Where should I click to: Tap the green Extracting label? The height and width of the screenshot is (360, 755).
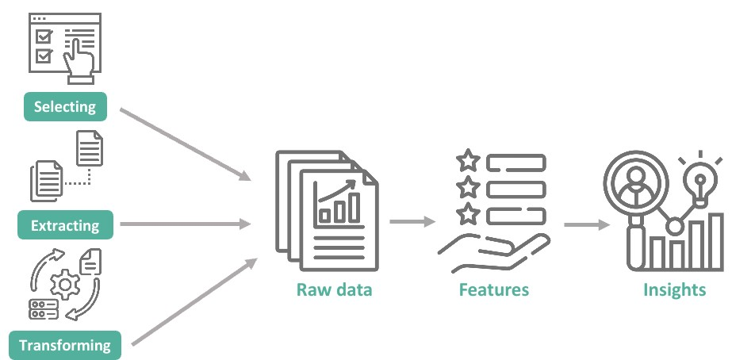65,226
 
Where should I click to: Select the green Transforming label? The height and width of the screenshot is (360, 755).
65,346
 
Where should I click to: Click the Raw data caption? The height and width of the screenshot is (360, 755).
334,289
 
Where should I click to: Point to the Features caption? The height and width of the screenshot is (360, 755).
493,289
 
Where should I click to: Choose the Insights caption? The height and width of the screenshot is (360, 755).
674,289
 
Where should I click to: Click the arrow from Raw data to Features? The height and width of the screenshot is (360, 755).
412,221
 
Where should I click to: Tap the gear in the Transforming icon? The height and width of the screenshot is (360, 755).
63,283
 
